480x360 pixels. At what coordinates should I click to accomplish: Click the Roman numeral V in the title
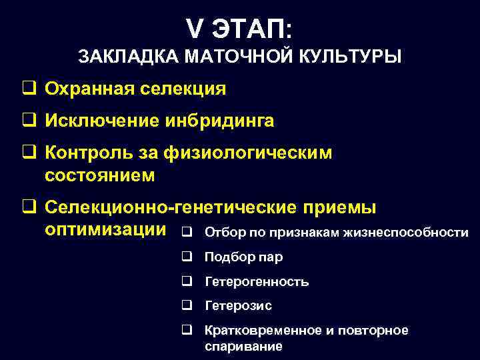[x=195, y=29]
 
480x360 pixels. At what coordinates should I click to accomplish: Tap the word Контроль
[x=87, y=153]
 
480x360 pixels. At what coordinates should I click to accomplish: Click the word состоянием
[x=99, y=175]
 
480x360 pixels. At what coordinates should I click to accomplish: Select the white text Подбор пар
[x=243, y=257]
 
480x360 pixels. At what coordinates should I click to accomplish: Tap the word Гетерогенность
[x=257, y=282]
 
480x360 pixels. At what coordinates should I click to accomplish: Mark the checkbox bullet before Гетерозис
[x=187, y=306]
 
